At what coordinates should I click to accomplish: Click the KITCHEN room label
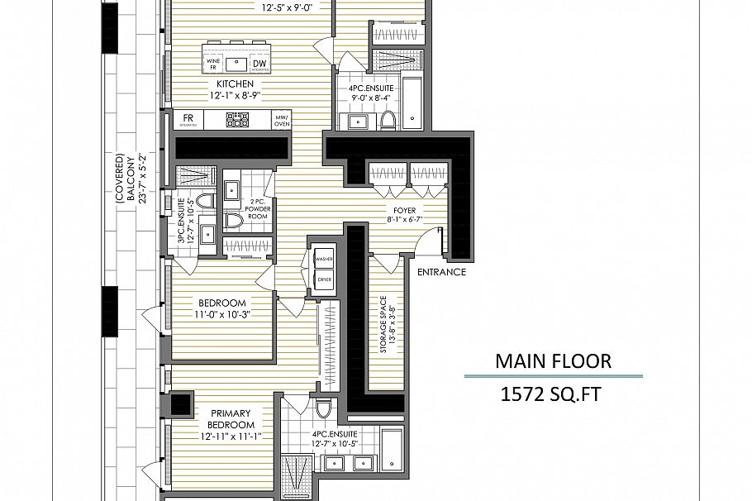235,84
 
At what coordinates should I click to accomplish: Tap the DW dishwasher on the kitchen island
259,63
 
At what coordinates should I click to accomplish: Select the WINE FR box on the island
213,63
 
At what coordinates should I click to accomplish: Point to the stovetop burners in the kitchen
238,121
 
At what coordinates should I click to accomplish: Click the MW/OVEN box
282,121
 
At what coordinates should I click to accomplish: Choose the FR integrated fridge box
188,120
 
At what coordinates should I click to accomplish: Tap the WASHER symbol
324,258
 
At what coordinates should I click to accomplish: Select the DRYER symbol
324,279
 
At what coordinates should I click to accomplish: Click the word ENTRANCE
441,272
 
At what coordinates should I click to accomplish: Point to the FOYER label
404,210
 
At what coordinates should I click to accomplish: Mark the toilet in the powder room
235,221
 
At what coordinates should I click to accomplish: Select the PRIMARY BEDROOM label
231,419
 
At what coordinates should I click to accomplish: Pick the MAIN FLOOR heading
553,361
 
